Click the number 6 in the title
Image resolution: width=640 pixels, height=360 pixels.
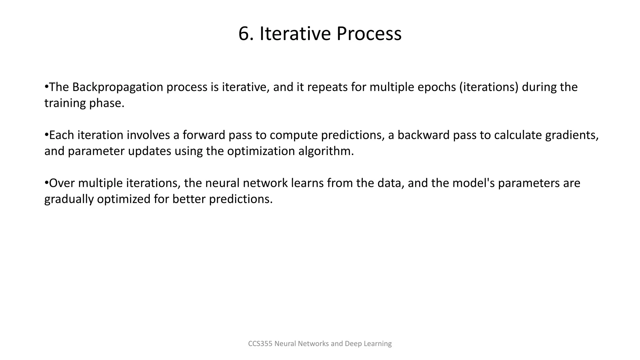coord(244,34)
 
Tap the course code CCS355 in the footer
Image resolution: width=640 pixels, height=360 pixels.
coord(260,344)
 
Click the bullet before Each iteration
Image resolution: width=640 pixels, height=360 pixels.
coord(46,135)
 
